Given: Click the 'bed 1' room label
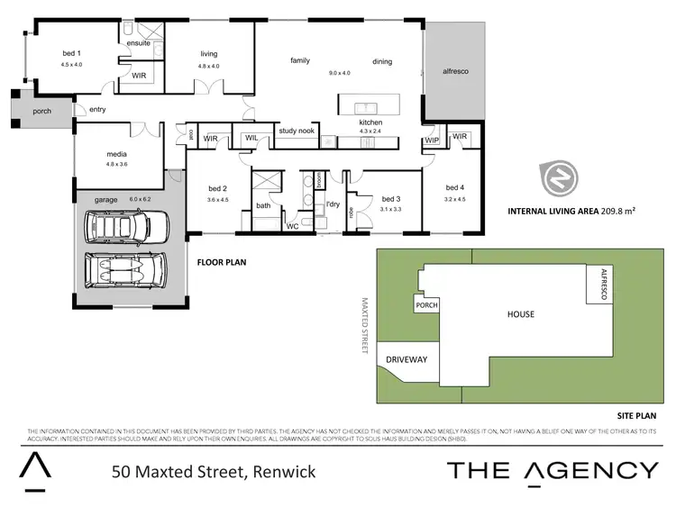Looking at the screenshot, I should point(71,55).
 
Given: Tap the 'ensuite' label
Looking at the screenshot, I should point(139,43).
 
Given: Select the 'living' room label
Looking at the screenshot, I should point(209,54).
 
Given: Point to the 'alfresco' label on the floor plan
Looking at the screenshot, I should point(456,70).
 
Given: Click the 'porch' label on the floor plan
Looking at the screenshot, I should point(42,111).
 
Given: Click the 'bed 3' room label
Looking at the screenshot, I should point(390,198).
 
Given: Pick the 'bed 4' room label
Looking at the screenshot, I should point(454,187).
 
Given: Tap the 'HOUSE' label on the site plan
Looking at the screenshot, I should point(520,314).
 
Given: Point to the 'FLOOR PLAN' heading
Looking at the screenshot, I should point(223,263).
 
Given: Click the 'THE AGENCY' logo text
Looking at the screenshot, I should point(553,469).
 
